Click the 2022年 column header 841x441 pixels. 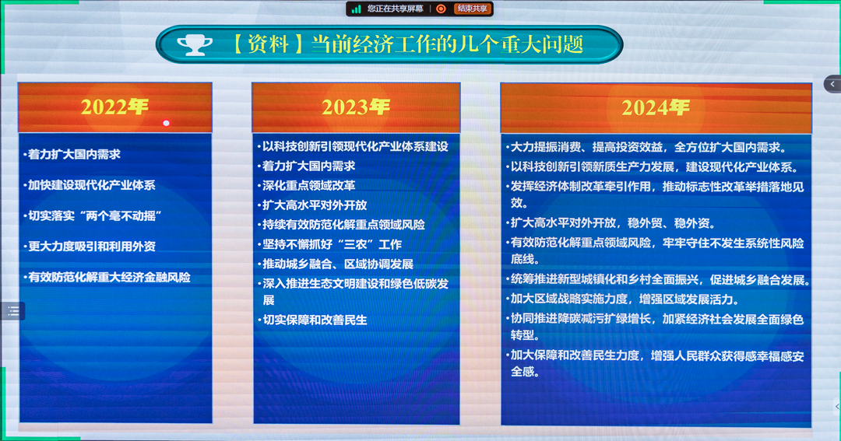coord(114,107)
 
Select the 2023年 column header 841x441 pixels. coord(356,107)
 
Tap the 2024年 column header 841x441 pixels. coord(655,107)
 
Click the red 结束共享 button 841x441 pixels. coord(473,9)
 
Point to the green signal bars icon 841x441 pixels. coord(357,9)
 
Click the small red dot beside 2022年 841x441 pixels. coord(166,123)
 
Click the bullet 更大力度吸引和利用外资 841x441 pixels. coord(92,247)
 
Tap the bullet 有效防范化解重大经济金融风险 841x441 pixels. coord(109,277)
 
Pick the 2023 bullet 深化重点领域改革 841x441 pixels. coord(308,185)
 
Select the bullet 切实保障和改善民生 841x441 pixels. coord(315,320)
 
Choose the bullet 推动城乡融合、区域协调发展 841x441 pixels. coord(337,264)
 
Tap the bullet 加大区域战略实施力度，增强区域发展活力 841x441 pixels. coord(625,299)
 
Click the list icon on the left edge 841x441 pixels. coord(12,311)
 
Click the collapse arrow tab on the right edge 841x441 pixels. coord(832,84)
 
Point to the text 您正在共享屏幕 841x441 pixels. coord(396,9)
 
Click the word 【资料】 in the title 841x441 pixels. coord(266,44)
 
